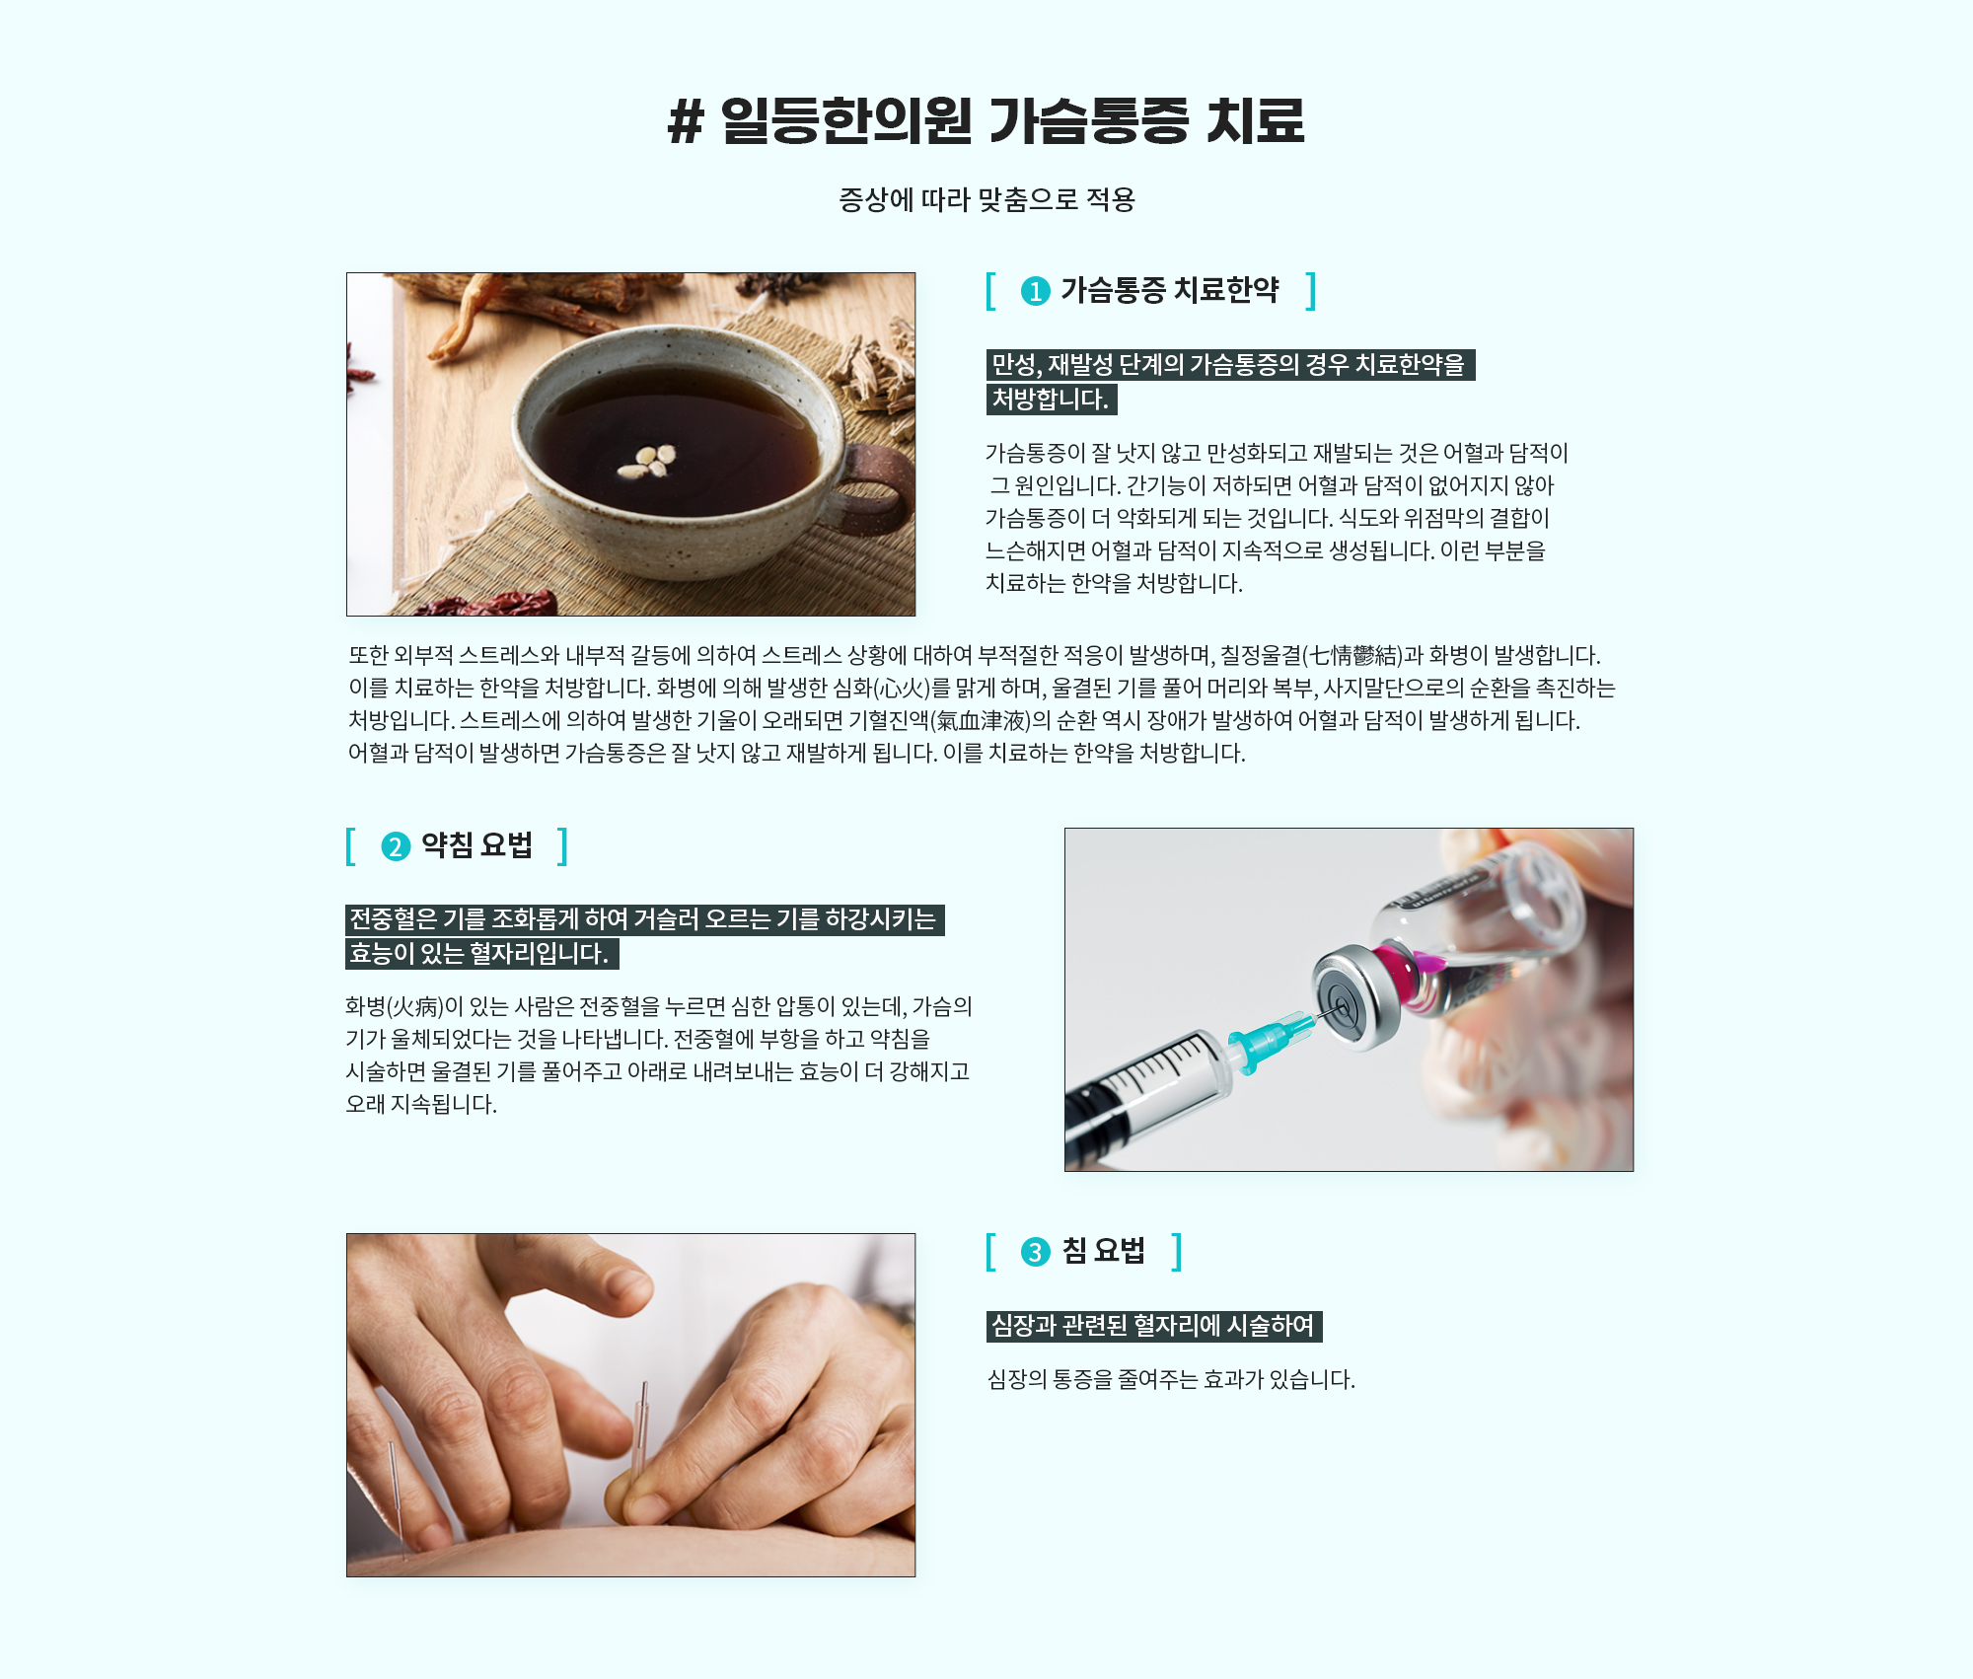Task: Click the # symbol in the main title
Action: tap(686, 122)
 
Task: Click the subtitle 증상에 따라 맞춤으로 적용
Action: tap(986, 199)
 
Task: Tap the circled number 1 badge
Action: tap(1035, 291)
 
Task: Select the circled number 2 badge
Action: tap(396, 846)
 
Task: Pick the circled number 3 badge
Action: tap(1035, 1252)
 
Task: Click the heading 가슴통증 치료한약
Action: tap(1169, 290)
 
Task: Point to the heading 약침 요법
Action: tap(476, 845)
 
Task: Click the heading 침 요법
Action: tap(1103, 1251)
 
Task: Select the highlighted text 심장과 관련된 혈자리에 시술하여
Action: tap(1153, 1326)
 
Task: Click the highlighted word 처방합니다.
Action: tap(1051, 400)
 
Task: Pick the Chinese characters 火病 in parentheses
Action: tap(415, 1006)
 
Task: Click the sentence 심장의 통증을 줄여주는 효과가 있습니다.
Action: tap(1171, 1379)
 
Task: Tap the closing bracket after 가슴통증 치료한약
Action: tap(1311, 291)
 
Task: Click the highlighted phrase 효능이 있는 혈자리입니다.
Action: tap(481, 954)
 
